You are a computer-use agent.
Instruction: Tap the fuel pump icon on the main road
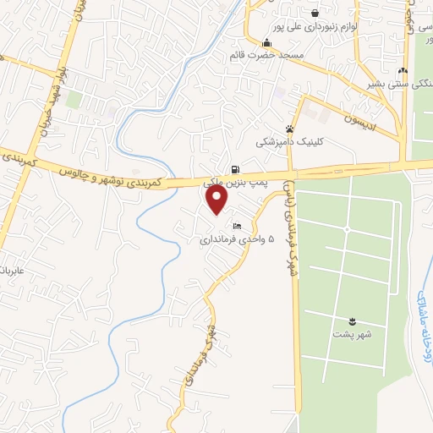tap(235, 168)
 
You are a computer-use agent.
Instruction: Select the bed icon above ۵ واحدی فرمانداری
tap(237, 226)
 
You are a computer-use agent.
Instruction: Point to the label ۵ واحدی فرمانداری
tap(237, 239)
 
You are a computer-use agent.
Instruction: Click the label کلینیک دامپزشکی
tap(290, 143)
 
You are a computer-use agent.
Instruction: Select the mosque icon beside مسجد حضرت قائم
tap(267, 43)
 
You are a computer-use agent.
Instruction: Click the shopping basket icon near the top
tap(315, 13)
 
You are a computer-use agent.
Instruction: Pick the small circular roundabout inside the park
tap(347, 229)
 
